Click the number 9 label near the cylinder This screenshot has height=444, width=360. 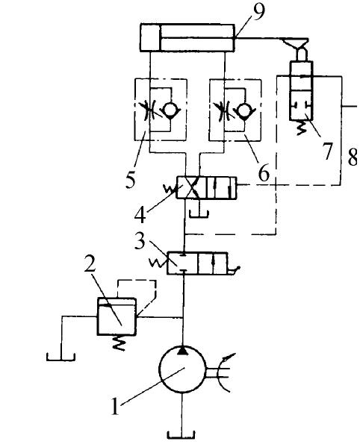pyautogui.click(x=258, y=12)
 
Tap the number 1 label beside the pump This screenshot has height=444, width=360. pyautogui.click(x=115, y=407)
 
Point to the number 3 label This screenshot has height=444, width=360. pyautogui.click(x=140, y=241)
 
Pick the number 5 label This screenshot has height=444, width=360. pyautogui.click(x=130, y=180)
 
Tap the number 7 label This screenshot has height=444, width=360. pyautogui.click(x=327, y=151)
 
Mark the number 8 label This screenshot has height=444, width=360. pyautogui.click(x=353, y=157)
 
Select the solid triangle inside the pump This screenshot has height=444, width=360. pyautogui.click(x=182, y=351)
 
